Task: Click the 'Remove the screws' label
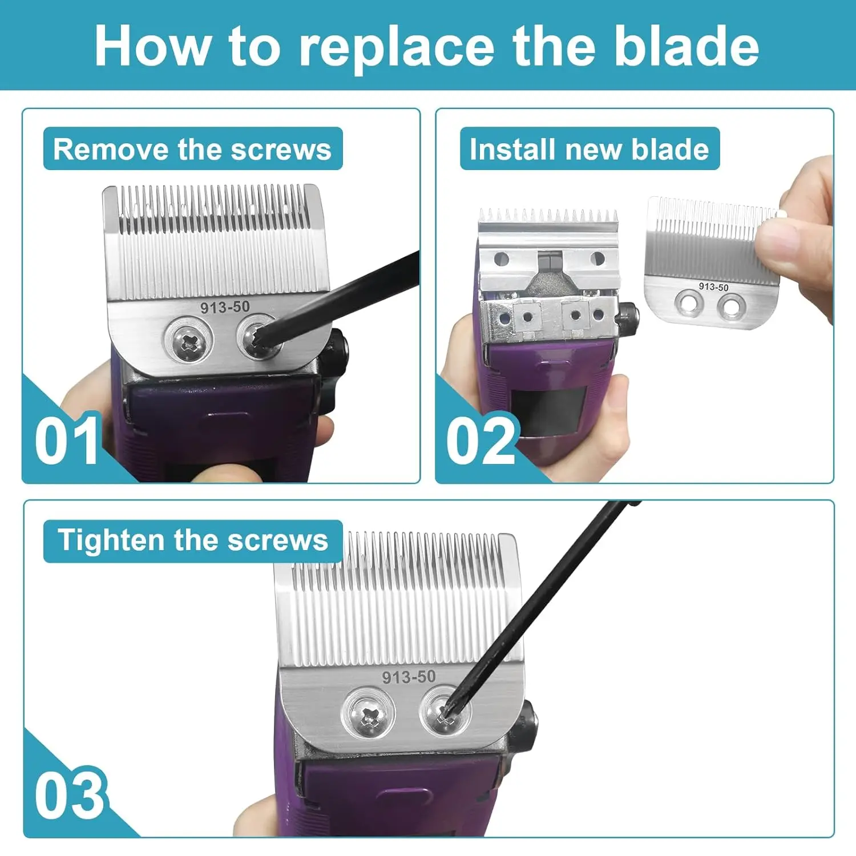(x=192, y=149)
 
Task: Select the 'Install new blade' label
(x=589, y=149)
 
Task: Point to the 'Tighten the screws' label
(x=192, y=540)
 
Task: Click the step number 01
(x=67, y=441)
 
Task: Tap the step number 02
(x=481, y=441)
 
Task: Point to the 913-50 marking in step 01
(x=225, y=307)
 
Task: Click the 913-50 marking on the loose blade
(x=713, y=286)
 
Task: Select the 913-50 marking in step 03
(x=409, y=677)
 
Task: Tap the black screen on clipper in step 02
(x=549, y=410)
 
